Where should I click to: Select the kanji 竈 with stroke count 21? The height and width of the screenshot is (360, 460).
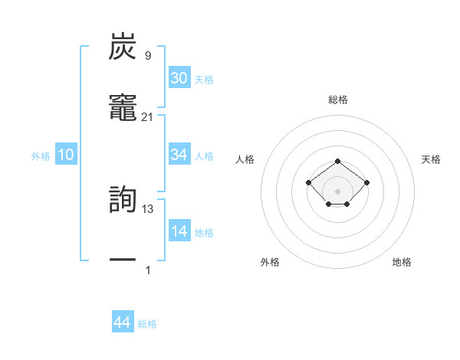click(123, 109)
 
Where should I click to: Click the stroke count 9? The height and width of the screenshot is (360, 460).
click(147, 55)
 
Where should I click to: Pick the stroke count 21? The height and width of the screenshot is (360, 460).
click(147, 116)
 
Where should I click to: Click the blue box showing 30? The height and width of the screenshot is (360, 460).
click(179, 78)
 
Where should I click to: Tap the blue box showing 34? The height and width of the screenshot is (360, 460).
click(179, 155)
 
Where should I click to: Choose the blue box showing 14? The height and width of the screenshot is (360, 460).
click(179, 231)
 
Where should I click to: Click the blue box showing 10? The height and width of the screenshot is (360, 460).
click(66, 155)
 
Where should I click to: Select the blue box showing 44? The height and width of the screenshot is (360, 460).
click(122, 323)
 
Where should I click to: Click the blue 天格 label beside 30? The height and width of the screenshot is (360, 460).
click(204, 79)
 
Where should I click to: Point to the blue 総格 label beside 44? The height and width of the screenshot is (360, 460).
click(147, 324)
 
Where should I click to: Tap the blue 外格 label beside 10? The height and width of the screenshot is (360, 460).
click(41, 155)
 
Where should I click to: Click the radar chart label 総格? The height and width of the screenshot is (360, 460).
click(338, 100)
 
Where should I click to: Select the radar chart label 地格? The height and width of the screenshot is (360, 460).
click(402, 262)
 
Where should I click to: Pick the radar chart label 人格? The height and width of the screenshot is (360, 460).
click(245, 159)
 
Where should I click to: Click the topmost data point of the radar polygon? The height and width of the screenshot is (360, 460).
click(338, 161)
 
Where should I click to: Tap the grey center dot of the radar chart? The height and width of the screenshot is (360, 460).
click(338, 191)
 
